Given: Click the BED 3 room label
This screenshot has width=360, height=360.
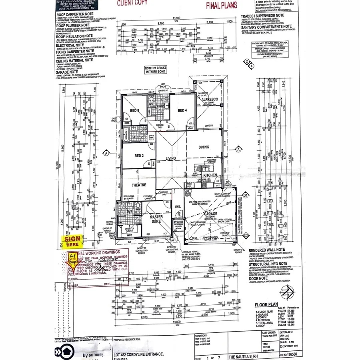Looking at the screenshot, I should (135, 110).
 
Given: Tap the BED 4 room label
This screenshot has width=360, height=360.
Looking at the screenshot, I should (182, 110).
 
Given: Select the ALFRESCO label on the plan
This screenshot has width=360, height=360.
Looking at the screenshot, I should (212, 99).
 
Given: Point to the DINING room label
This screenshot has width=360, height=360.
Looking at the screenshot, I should (204, 147).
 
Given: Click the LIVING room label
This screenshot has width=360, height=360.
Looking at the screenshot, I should (171, 159).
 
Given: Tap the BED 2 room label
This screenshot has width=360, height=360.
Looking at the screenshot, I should (139, 155).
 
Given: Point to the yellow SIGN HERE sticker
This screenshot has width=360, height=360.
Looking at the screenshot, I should (72, 241).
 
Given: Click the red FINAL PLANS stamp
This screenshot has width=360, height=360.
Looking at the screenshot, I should (222, 5).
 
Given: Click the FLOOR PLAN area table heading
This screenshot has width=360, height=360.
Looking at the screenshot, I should (266, 305).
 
